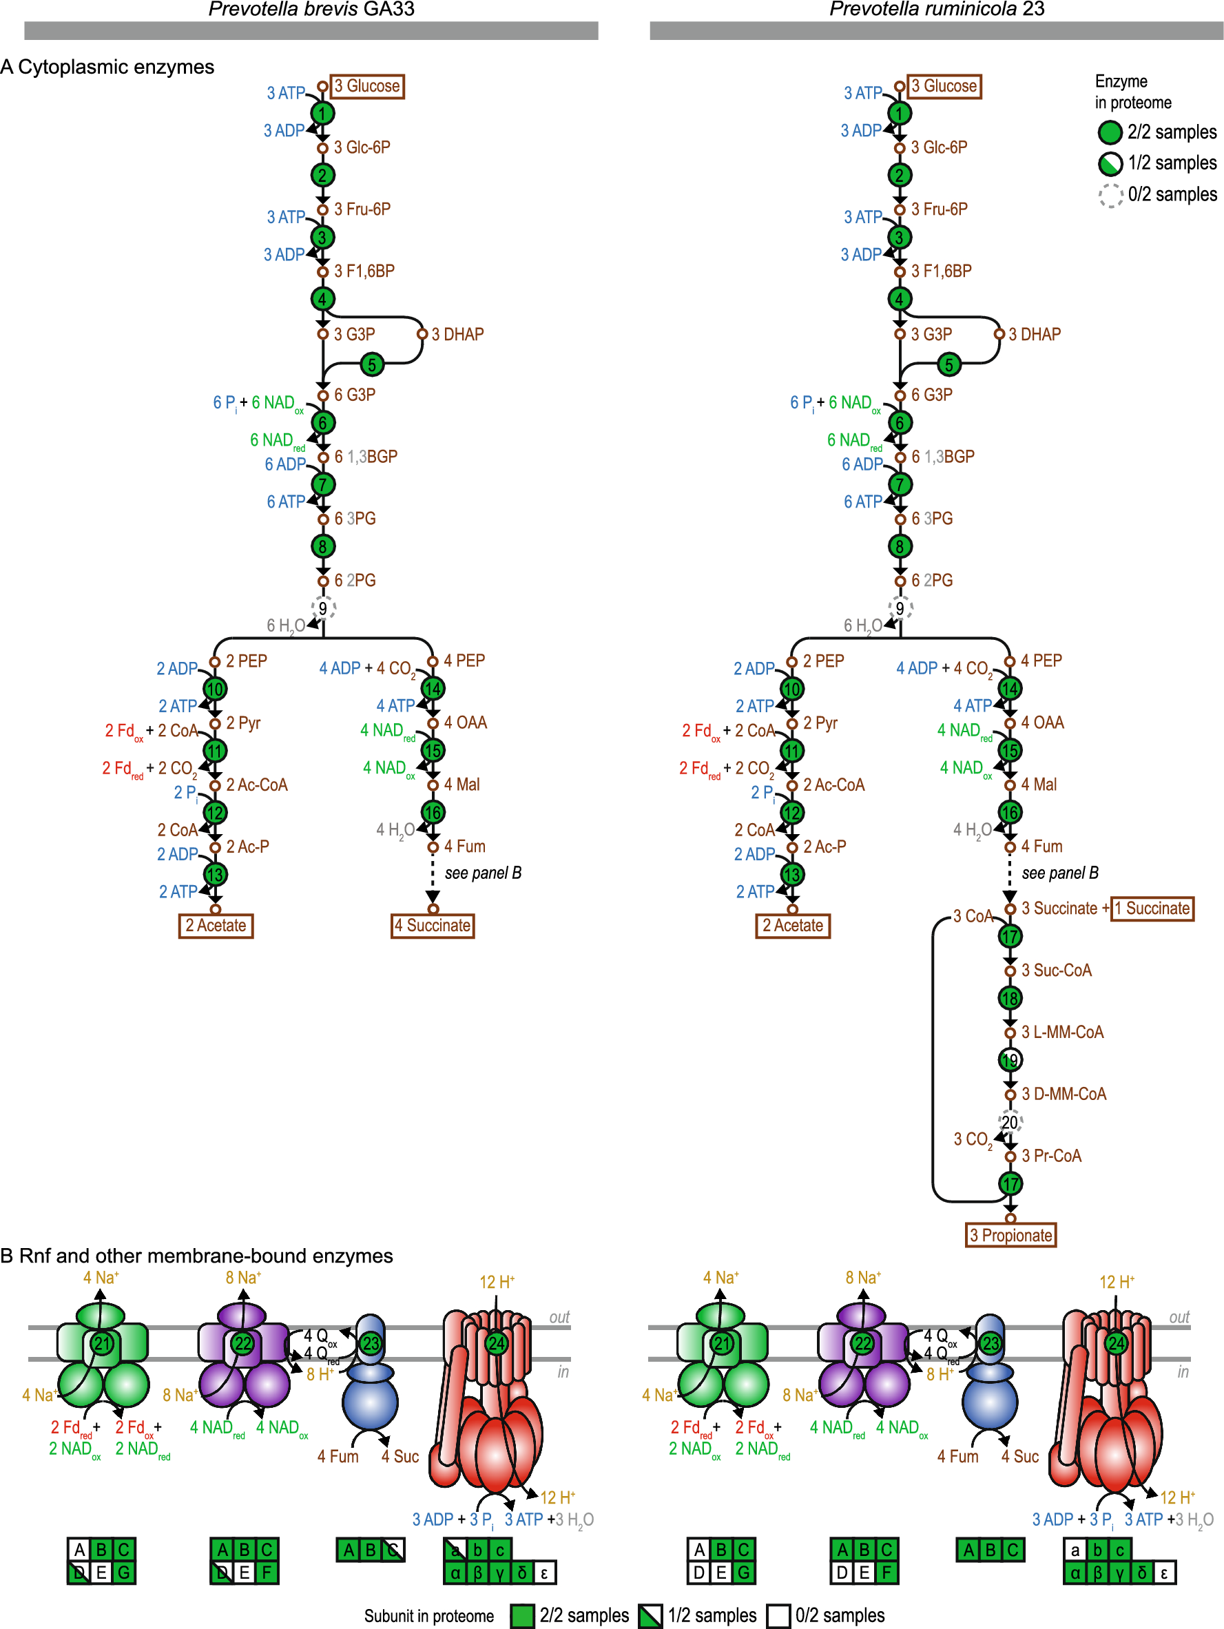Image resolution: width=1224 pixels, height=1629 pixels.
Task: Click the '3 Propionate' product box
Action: click(x=1010, y=1235)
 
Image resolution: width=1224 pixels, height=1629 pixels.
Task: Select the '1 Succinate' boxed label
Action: click(x=1151, y=908)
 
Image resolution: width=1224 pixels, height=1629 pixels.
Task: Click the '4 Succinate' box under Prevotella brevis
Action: click(x=433, y=926)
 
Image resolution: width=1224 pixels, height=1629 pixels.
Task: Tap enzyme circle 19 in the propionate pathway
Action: click(x=1010, y=1060)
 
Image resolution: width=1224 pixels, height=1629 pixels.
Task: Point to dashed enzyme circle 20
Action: click(x=1010, y=1121)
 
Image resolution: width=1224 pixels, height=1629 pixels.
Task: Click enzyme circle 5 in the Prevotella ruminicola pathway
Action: click(x=948, y=364)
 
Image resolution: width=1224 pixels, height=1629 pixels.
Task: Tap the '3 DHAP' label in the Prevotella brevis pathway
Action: click(x=457, y=334)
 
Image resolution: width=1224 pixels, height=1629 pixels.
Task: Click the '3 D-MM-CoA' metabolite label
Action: click(x=1063, y=1094)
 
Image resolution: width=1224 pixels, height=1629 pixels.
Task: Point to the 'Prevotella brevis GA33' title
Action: click(x=311, y=9)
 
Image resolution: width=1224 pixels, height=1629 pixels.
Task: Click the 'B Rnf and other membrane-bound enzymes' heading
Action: click(x=196, y=1256)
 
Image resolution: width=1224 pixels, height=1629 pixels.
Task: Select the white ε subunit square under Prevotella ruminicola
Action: click(x=1163, y=1573)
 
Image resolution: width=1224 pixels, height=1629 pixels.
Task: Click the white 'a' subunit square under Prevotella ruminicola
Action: click(x=1075, y=1550)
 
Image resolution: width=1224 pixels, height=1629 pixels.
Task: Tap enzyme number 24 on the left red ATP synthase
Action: click(x=497, y=1342)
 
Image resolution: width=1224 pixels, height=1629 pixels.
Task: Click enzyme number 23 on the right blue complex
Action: click(x=990, y=1342)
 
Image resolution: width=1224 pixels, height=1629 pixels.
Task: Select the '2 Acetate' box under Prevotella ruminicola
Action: click(x=791, y=926)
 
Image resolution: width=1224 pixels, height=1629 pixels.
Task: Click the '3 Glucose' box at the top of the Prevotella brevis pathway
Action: click(x=366, y=86)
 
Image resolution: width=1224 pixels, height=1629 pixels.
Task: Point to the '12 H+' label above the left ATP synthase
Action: click(x=497, y=1282)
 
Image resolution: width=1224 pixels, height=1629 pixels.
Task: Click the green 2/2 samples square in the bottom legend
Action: click(x=522, y=1616)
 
